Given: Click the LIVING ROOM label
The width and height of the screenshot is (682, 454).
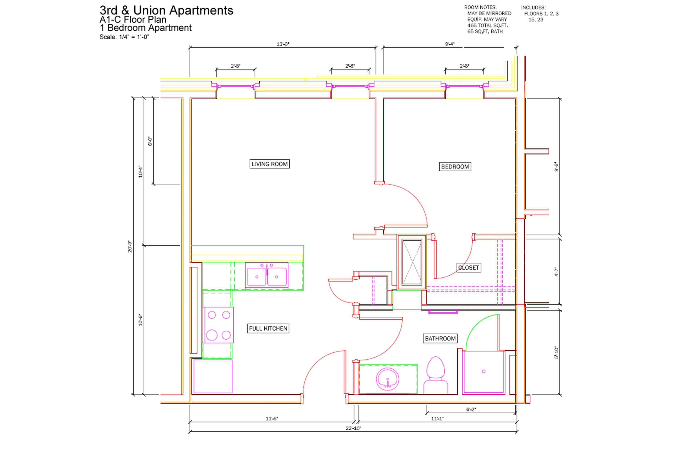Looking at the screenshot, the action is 269,164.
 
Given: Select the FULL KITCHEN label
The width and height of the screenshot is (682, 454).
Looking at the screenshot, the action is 268,328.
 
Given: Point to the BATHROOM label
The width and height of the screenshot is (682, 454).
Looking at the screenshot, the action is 440,338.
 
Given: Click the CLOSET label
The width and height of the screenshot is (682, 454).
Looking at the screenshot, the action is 469,268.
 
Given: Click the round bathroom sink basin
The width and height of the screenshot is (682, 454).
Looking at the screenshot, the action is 387,379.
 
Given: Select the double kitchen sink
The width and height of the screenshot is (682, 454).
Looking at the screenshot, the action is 266,275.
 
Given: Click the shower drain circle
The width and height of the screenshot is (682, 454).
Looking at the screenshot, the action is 484,371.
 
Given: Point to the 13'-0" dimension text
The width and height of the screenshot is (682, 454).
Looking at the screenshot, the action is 283,44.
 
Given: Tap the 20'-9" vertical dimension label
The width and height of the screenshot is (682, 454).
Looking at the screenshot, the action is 130,247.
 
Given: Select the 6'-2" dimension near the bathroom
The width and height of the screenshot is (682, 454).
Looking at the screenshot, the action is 471,410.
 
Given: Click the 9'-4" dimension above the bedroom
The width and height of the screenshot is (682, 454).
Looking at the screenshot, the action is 450,44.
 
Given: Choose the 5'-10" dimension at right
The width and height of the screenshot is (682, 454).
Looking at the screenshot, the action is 556,352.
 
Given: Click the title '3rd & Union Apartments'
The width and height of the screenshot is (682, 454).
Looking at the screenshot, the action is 166,10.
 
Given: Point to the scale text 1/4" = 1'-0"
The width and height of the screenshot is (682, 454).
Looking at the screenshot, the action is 134,37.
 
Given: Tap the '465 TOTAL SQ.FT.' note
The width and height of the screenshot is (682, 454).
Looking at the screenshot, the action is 487,25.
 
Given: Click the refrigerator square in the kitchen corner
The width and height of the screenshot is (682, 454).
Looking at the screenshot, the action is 213,376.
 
